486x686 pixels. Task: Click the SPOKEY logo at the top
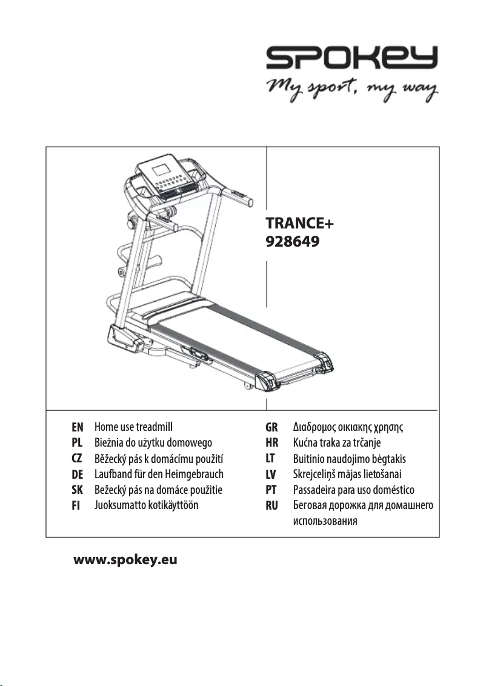tap(352, 59)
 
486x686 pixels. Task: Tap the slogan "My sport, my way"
tap(352, 90)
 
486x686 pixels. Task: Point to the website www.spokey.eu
tap(125, 559)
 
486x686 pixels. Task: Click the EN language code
tap(77, 427)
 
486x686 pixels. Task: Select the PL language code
tap(77, 442)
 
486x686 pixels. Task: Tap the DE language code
tap(77, 474)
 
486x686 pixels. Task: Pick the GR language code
tap(272, 427)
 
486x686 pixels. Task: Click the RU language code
tap(272, 505)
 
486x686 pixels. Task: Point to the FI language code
tap(76, 505)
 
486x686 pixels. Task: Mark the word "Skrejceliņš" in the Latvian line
tap(316, 474)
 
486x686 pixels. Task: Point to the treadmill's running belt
tap(242, 339)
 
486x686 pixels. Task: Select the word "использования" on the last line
tap(324, 521)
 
